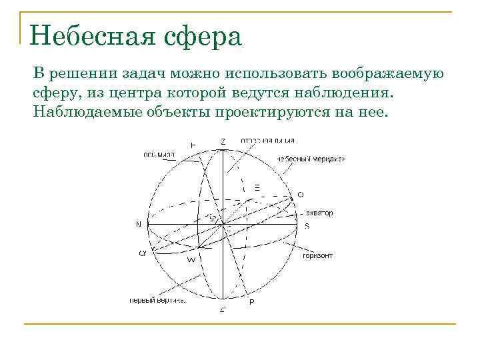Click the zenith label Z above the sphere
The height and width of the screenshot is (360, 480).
[x=223, y=141]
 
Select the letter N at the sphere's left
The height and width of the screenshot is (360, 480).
[x=139, y=225]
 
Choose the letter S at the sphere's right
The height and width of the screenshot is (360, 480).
[x=307, y=226]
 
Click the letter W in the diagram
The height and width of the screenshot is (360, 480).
[x=191, y=259]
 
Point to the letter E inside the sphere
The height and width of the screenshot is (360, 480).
[x=257, y=188]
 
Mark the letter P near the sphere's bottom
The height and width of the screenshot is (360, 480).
[x=251, y=302]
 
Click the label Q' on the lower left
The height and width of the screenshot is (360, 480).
[x=142, y=253]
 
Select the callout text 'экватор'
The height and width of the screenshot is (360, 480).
[x=319, y=213]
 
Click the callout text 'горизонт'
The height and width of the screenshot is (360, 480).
[x=317, y=255]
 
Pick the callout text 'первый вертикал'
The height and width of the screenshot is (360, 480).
[x=157, y=300]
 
